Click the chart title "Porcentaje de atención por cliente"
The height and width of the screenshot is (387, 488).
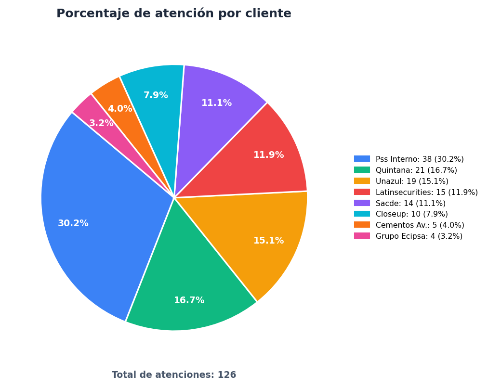[x=173, y=13]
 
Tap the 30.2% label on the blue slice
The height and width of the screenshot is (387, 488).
[x=73, y=223]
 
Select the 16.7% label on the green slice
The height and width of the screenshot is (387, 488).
[x=189, y=300]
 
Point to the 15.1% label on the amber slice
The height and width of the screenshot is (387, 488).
[x=269, y=241]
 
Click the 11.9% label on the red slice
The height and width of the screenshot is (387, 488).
[x=269, y=155]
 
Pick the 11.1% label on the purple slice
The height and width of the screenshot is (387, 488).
[x=217, y=103]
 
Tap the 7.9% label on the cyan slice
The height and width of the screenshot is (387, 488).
[x=156, y=95]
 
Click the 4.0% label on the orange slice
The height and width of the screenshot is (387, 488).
[x=120, y=109]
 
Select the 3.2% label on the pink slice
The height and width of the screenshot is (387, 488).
[x=101, y=123]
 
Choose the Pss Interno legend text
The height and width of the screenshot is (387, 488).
[x=420, y=159]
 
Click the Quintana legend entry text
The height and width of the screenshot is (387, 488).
[x=416, y=170]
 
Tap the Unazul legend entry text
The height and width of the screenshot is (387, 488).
[x=412, y=181]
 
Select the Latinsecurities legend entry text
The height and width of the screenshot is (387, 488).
[x=427, y=192]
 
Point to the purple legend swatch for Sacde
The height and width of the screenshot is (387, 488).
[x=362, y=203]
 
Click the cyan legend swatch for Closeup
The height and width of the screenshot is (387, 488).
[x=362, y=214]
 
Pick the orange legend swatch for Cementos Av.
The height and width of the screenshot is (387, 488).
[x=362, y=225]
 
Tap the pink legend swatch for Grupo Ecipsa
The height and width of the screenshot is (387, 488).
[x=362, y=236]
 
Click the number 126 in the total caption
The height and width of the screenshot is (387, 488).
[x=227, y=375]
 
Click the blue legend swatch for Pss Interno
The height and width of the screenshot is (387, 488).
[x=362, y=159]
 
